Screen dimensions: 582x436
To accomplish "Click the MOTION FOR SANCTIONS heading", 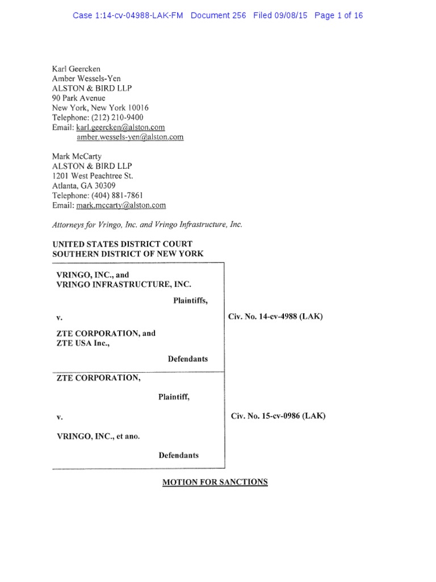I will (215, 482).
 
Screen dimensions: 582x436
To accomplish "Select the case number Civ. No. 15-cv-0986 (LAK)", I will (278, 416).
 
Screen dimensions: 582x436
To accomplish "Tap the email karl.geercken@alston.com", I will (120, 127).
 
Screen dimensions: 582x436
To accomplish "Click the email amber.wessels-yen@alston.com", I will (130, 137).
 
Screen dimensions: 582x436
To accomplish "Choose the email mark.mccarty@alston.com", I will (121, 205).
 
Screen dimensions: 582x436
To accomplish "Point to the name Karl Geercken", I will (77, 69).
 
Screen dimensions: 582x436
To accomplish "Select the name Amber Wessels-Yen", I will (86, 78).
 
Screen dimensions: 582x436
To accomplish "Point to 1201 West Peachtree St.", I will (93, 176).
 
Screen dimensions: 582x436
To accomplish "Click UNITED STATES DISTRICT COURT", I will (122, 244).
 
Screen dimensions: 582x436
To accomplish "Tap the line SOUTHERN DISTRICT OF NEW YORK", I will (128, 254).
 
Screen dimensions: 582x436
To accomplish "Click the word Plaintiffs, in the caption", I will (190, 301).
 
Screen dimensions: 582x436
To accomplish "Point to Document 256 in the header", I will (219, 15).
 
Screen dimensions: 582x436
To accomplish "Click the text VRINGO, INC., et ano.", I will (98, 436).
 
